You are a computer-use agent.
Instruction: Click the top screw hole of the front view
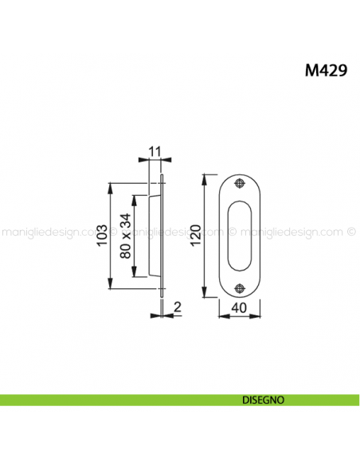[x=241, y=186]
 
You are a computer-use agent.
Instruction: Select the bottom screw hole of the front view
[x=241, y=287]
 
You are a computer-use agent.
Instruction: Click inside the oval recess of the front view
[x=241, y=236]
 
